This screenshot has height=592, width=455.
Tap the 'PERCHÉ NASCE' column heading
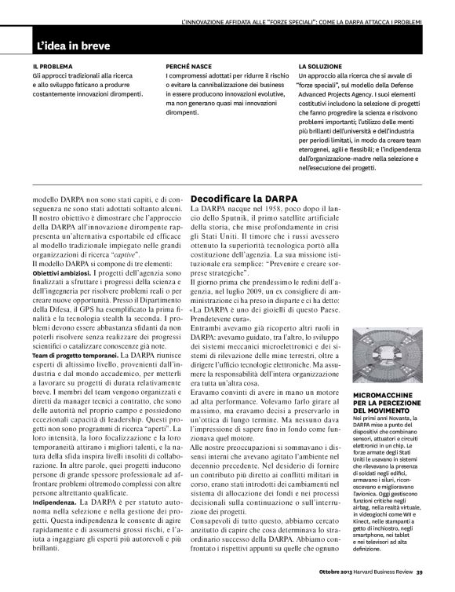click(192, 67)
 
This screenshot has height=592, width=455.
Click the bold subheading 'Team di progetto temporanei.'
click(79, 334)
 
